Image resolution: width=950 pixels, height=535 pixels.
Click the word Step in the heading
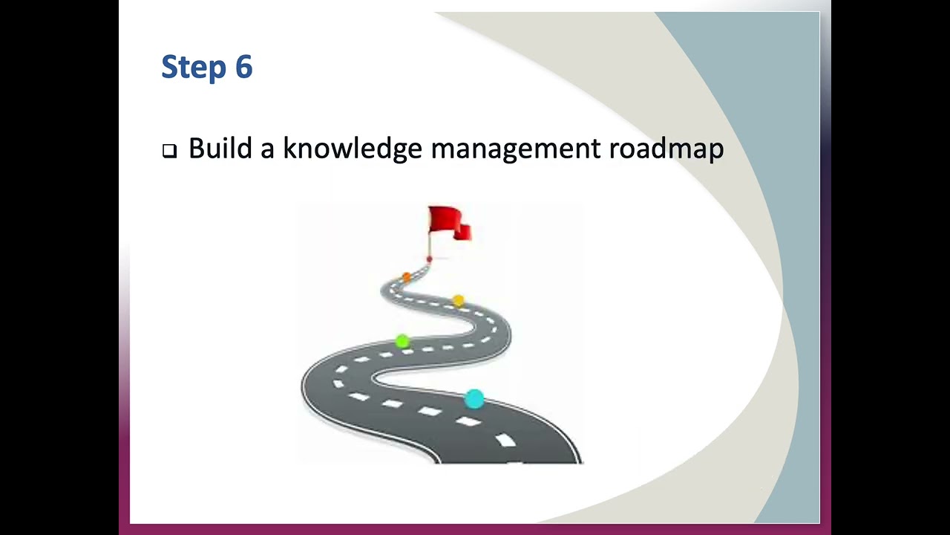(x=194, y=67)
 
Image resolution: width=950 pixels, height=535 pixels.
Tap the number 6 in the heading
(x=244, y=67)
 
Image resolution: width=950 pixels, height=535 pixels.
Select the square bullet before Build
(x=169, y=151)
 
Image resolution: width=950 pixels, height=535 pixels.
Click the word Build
(x=220, y=148)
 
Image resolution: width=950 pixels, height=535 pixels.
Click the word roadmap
(x=666, y=149)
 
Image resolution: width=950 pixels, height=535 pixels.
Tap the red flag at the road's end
(x=448, y=222)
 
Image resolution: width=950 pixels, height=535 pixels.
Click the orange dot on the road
(x=406, y=277)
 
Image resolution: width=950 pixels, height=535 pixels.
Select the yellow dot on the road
(x=458, y=300)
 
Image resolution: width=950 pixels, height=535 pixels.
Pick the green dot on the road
(x=402, y=341)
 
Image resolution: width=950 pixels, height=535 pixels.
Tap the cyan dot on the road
(x=474, y=399)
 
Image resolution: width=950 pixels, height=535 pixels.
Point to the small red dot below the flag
(x=429, y=259)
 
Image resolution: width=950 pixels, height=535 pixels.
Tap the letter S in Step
(x=170, y=67)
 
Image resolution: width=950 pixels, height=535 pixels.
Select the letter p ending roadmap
(x=715, y=151)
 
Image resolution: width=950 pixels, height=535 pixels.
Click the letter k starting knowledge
(x=289, y=148)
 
